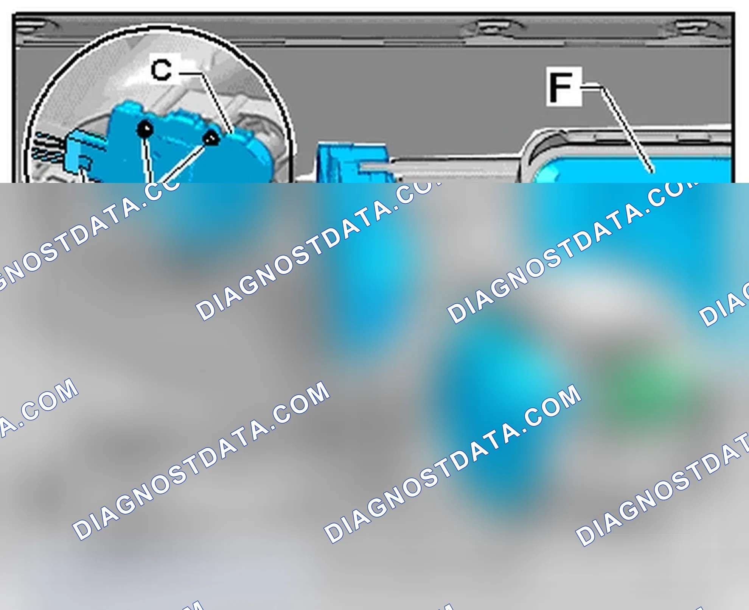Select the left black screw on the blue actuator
145,129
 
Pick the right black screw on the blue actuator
211,138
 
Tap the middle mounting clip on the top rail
492,28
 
